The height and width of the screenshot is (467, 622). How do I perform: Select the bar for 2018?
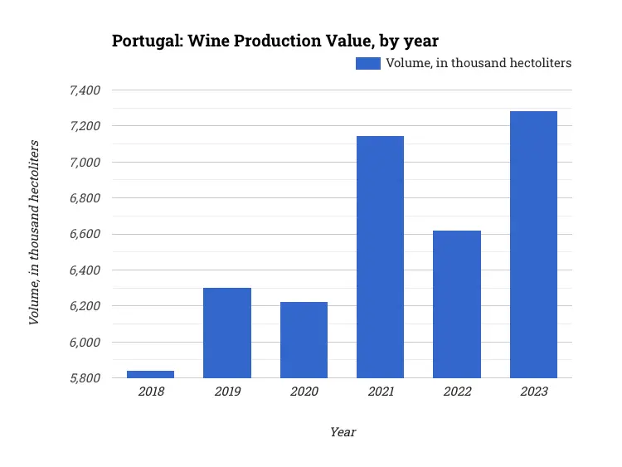[x=150, y=374]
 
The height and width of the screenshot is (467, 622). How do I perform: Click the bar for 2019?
[x=227, y=333]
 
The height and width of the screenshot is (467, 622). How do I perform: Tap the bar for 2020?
[x=304, y=340]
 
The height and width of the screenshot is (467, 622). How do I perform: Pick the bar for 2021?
[x=380, y=257]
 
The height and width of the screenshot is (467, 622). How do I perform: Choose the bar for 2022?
[x=457, y=304]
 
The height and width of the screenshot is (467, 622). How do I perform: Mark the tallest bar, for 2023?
[x=533, y=245]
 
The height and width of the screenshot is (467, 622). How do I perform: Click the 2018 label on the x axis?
[x=151, y=392]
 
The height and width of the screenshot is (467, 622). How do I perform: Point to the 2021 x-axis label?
[x=381, y=392]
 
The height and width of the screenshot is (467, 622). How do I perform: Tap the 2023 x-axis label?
[x=534, y=392]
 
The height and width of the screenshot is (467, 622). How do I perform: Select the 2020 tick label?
[x=304, y=392]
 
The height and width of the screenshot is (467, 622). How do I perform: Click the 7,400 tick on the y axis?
[x=83, y=90]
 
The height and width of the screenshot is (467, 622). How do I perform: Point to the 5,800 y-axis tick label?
[x=83, y=378]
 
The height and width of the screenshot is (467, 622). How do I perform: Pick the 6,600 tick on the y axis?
[x=83, y=234]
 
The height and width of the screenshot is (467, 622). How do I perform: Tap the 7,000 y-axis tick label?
[x=83, y=162]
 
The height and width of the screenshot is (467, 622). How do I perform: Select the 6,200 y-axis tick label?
[x=83, y=306]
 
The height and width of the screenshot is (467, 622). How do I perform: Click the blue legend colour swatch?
[x=367, y=63]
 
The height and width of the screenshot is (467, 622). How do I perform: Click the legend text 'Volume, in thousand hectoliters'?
[x=479, y=63]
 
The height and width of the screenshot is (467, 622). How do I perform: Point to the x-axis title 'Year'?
[x=343, y=432]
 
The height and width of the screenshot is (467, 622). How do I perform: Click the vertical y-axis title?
[x=34, y=233]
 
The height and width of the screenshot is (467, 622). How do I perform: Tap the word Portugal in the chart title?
[x=142, y=41]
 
